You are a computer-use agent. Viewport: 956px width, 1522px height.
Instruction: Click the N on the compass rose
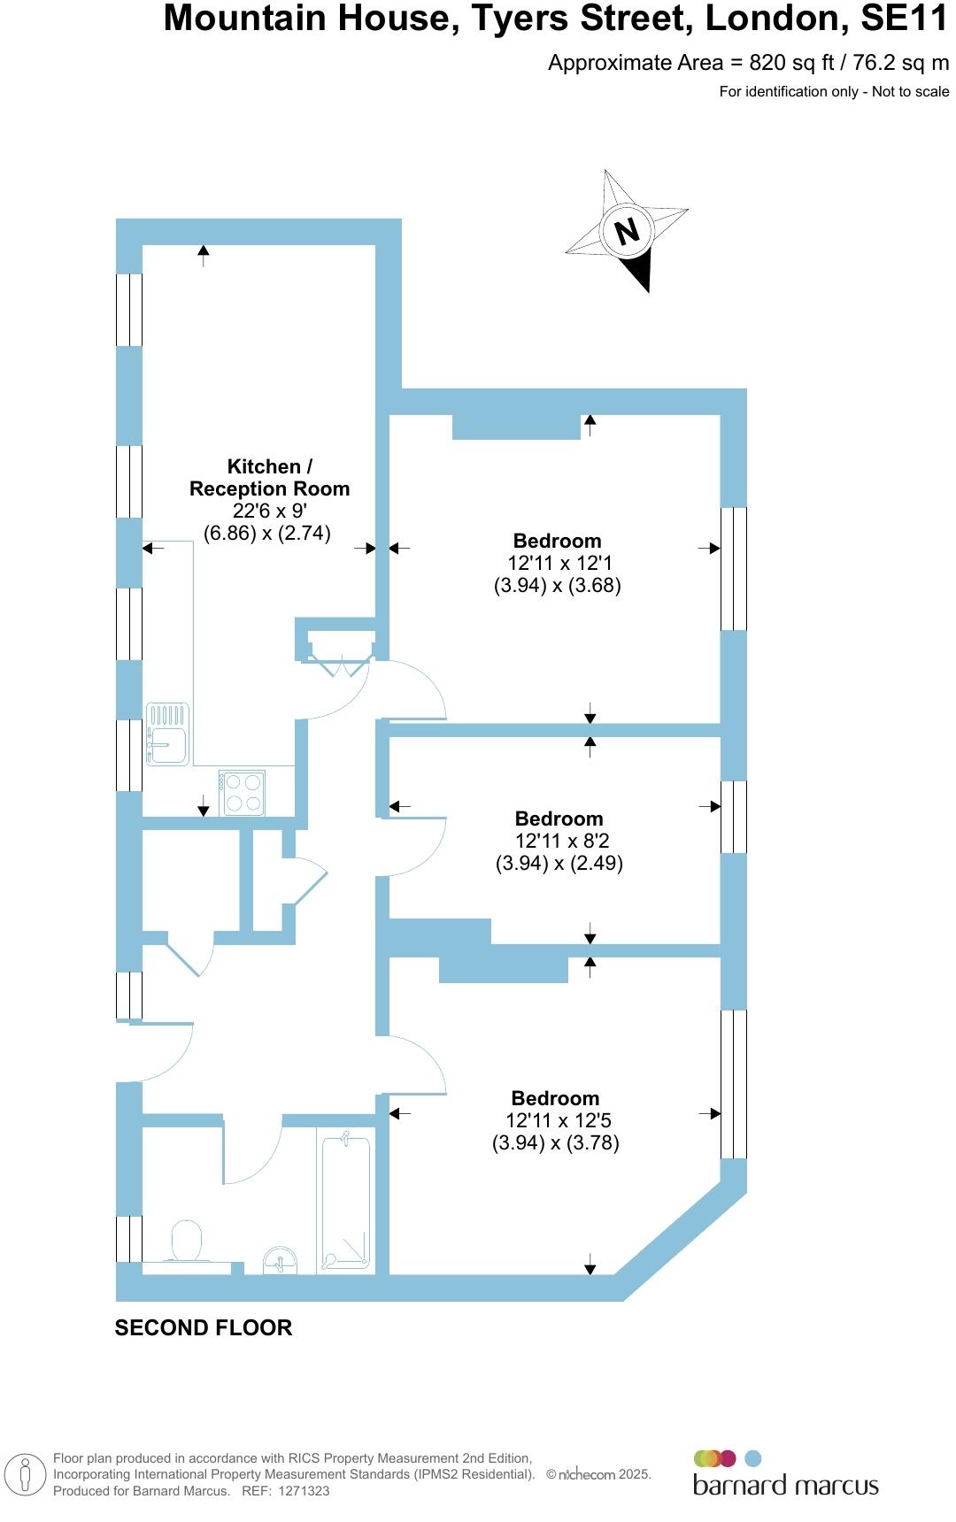coord(627,231)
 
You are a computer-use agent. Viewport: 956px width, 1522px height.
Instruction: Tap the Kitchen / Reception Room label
coord(269,477)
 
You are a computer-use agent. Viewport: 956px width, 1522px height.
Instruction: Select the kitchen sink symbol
coord(167,734)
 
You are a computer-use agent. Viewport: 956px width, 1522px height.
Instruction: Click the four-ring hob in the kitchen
coord(243,792)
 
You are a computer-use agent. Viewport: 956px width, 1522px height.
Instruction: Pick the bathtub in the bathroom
coord(345,1203)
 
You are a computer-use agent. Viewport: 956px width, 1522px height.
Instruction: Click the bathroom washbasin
coord(281,1260)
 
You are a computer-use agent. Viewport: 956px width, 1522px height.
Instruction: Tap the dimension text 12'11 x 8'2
coord(559,841)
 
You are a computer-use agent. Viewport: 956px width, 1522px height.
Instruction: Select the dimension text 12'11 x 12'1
coord(560,563)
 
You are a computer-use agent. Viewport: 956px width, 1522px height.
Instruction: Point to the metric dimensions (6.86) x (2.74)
coord(267,533)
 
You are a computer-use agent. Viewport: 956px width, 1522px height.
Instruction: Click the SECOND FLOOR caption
coord(204,1327)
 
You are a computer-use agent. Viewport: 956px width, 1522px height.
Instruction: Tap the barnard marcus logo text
coord(785,1484)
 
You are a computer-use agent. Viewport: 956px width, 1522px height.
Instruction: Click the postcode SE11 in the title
coord(905,19)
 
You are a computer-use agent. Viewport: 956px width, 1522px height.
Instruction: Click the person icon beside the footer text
coord(26,1474)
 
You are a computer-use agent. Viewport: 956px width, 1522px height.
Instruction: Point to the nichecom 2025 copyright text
coord(599,1474)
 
